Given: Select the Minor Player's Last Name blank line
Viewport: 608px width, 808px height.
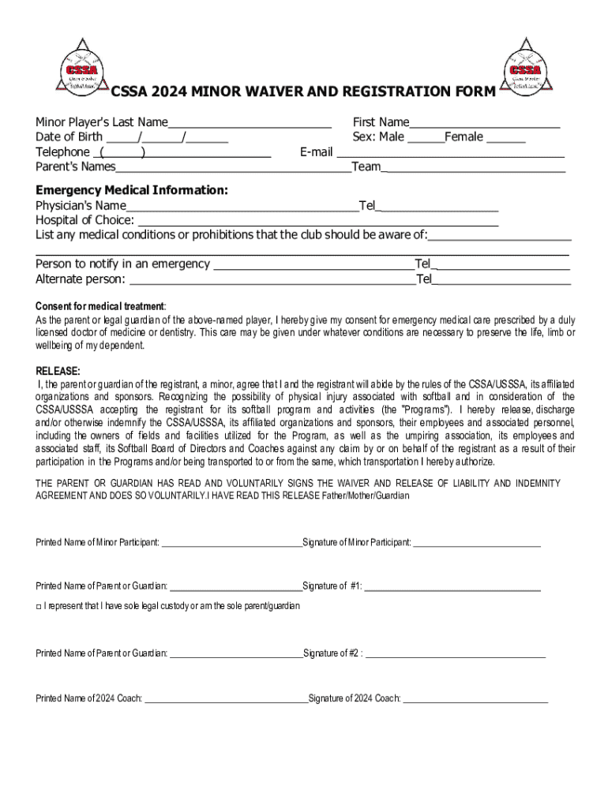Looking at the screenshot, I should point(250,124).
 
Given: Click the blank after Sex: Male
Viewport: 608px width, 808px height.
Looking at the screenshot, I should point(425,139).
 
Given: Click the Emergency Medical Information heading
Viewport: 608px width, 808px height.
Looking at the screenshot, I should point(132,191).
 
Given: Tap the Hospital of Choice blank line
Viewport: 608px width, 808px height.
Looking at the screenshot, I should point(317,223).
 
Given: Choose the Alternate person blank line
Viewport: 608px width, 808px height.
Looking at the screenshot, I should point(272,281).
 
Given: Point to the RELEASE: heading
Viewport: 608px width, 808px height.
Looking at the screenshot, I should point(58,371).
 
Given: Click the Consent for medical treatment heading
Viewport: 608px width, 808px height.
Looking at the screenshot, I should point(100,306).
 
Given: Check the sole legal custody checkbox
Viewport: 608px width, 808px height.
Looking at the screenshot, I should point(39,606).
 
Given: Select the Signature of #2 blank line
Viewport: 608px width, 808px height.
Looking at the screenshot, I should point(456,654).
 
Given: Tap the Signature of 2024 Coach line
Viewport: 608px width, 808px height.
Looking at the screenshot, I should point(475,700).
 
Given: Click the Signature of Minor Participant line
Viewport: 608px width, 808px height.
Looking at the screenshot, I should point(477,544).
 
